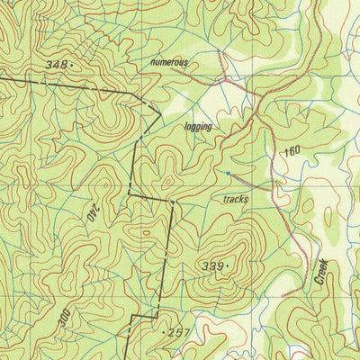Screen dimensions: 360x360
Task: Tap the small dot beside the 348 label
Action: point(69,66)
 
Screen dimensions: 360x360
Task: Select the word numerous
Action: point(169,63)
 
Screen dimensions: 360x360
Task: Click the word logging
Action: point(198,127)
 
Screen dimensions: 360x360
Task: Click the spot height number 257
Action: point(180,333)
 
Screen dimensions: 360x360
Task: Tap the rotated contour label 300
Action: point(64,319)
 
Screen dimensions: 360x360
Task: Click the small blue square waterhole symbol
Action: point(229,172)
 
